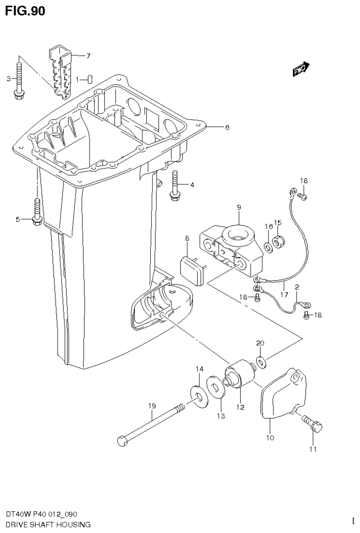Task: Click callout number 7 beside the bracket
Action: coord(88,56)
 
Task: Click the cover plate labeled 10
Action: coord(283,393)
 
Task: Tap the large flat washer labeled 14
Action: coord(200,395)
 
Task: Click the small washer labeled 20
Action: coord(260,361)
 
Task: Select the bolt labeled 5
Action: coord(37,211)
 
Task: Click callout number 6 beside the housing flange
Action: coord(227,127)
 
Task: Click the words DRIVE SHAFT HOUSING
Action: coord(48,525)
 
